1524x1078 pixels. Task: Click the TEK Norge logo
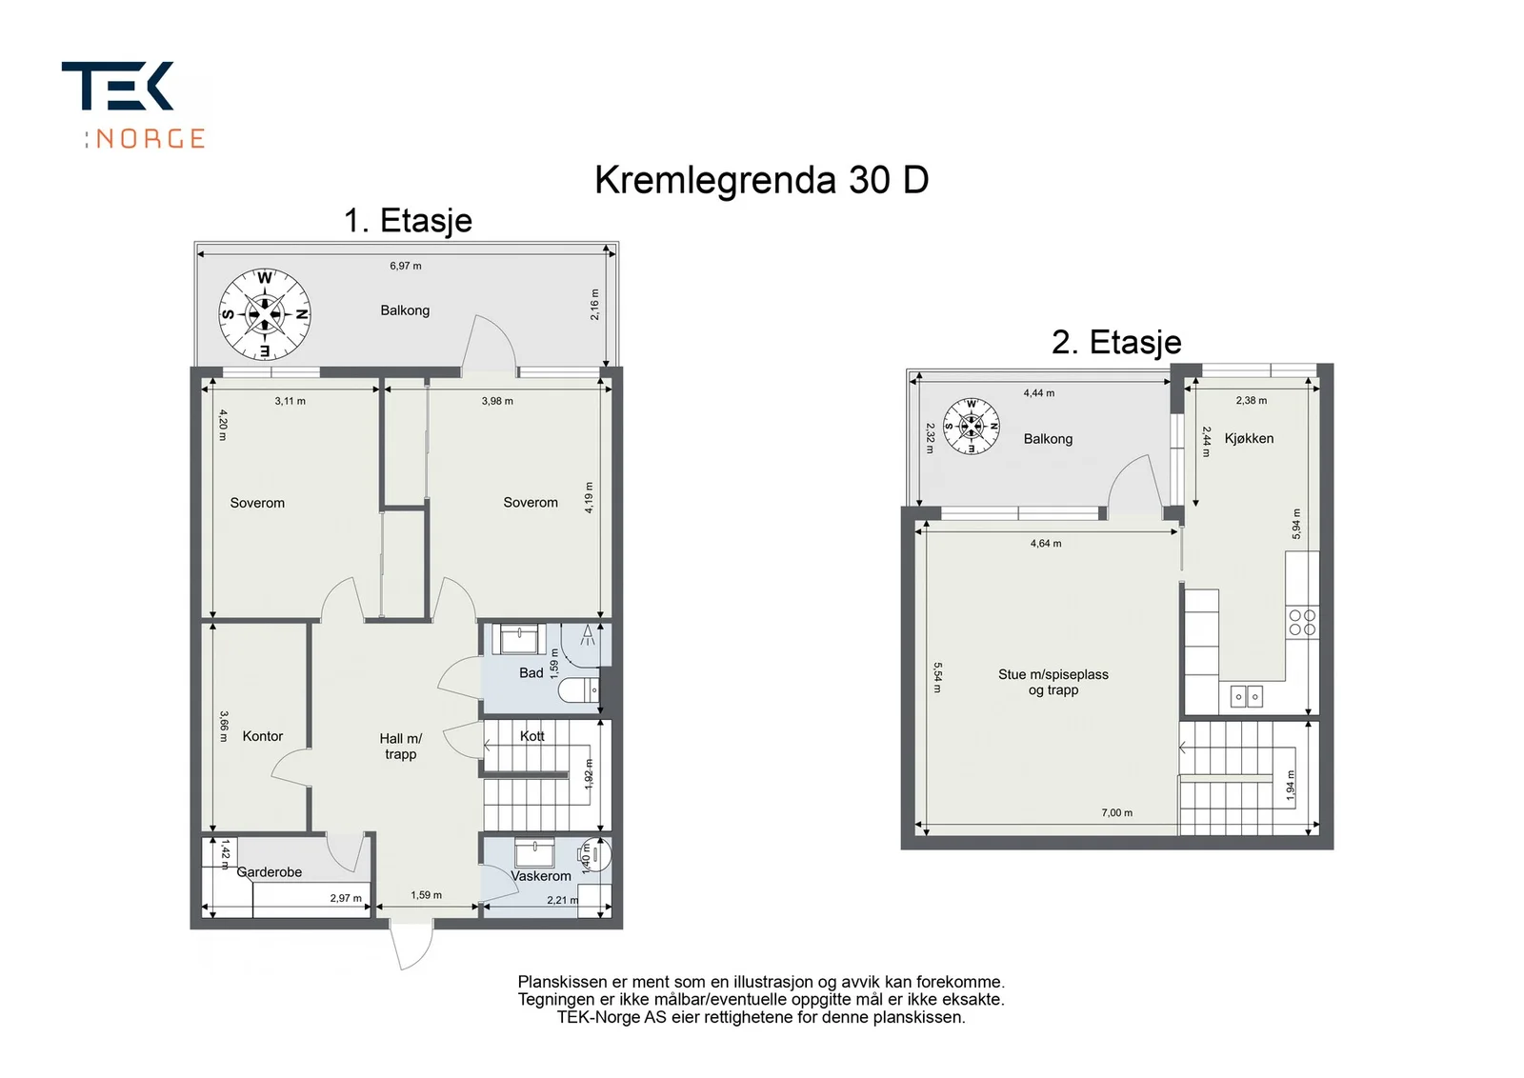(x=133, y=105)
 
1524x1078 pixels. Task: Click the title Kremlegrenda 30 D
(x=761, y=181)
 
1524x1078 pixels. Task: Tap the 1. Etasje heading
(x=408, y=221)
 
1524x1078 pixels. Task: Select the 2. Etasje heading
(x=1115, y=342)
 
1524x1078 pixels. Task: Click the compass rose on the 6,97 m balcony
(x=265, y=314)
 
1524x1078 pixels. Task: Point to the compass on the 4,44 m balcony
(x=971, y=427)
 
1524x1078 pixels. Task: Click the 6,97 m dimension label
(x=406, y=266)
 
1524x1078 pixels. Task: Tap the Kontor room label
(x=263, y=736)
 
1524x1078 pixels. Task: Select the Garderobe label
(x=270, y=872)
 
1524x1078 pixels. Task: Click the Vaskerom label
(x=541, y=876)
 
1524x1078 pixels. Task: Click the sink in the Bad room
(x=519, y=639)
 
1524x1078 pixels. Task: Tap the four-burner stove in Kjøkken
(x=1302, y=622)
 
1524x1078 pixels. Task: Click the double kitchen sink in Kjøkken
(x=1247, y=696)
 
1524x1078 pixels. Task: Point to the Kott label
(x=532, y=736)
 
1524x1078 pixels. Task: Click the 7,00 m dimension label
(x=1117, y=812)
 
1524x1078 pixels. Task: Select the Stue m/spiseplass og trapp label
(x=1053, y=682)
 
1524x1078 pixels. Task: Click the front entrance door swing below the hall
(x=411, y=946)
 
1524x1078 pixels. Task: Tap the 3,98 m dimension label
(x=497, y=401)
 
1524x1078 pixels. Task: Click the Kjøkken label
(x=1249, y=439)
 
